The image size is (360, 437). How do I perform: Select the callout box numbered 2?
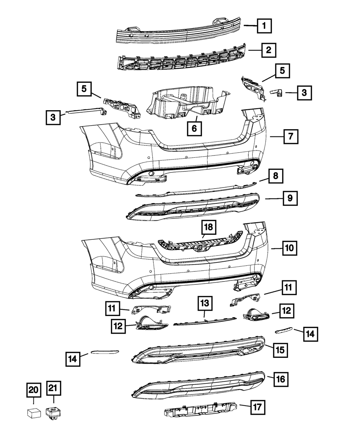click(269, 50)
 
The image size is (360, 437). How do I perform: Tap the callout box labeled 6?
click(194, 129)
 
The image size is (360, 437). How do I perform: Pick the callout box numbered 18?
click(209, 227)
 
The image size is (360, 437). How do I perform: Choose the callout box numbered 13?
click(204, 304)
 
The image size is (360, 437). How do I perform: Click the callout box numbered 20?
click(33, 389)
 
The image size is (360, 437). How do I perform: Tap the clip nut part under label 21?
click(53, 413)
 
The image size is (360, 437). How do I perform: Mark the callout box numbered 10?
click(289, 248)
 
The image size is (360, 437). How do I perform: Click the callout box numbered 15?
click(280, 349)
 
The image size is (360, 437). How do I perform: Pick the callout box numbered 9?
click(290, 198)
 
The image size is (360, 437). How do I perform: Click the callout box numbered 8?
click(275, 176)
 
